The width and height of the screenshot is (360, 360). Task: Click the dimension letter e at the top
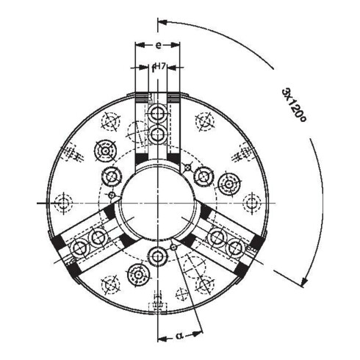coord(158,46)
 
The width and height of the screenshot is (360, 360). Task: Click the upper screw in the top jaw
coord(158,113)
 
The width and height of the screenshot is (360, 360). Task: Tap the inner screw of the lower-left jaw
coord(98,237)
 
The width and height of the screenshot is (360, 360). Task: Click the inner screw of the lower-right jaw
coord(217,237)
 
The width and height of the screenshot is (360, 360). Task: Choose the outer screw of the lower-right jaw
coord(236,248)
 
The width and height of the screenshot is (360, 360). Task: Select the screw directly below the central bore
coord(158,255)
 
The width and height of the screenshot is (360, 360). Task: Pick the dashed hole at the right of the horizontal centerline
coord(251,202)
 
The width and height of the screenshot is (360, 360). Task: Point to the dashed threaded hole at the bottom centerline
coord(158,303)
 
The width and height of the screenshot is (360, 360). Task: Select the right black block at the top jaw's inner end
coord(173,160)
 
